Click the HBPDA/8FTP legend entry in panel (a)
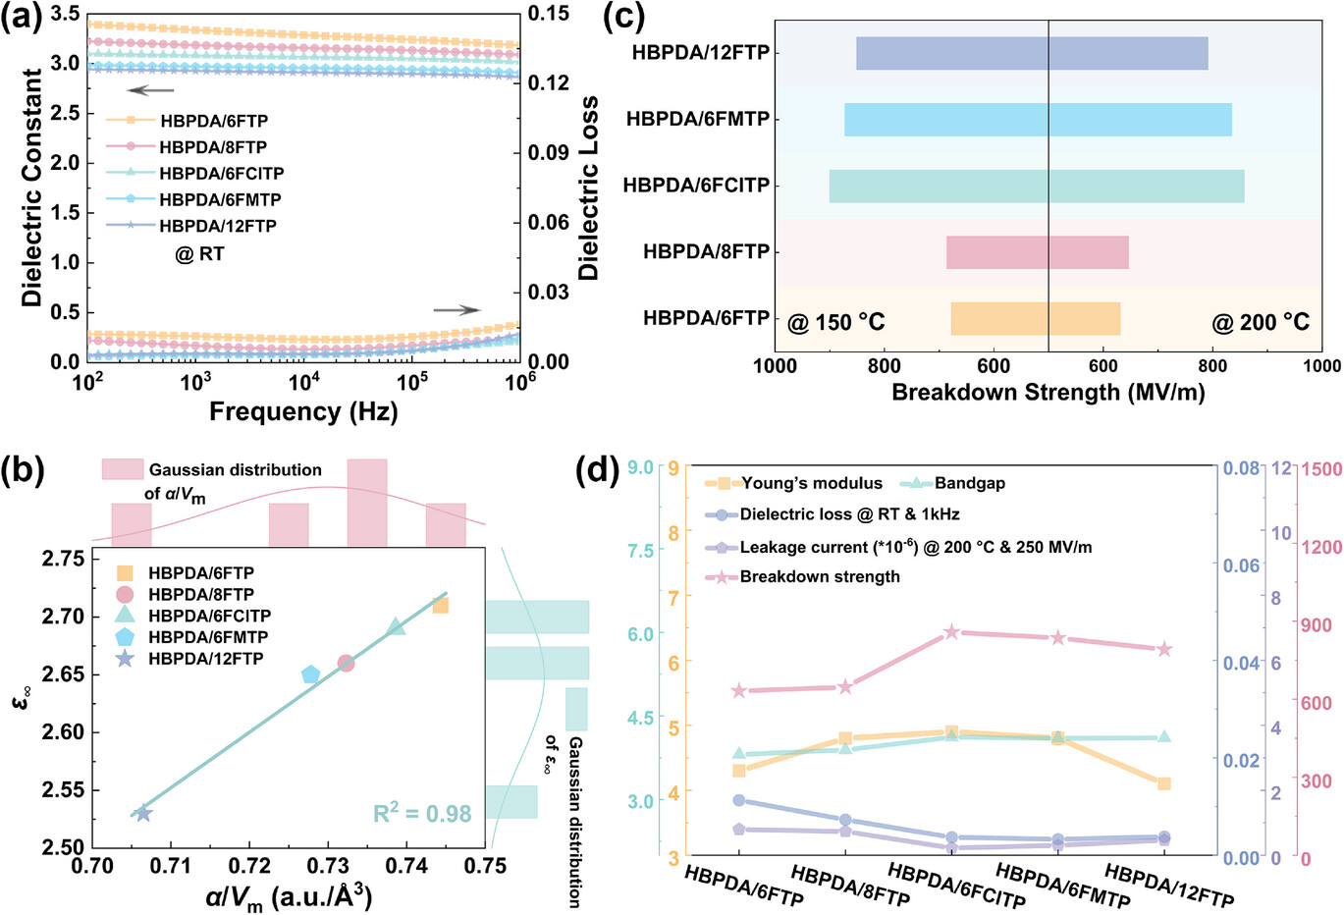[x=212, y=147]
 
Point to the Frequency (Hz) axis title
[x=303, y=410]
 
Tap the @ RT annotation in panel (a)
[x=199, y=253]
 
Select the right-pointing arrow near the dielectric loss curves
[x=457, y=310]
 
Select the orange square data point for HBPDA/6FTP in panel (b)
[x=441, y=605]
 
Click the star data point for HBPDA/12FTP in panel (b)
[x=143, y=813]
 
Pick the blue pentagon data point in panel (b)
[x=311, y=674]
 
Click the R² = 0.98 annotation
[x=422, y=814]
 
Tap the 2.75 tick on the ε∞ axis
[x=62, y=559]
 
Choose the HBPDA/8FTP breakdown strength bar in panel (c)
[x=1038, y=252]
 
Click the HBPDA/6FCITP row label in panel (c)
[x=696, y=186]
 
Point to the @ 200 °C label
[x=1261, y=322]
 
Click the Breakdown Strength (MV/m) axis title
[x=1048, y=393]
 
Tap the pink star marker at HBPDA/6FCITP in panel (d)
[x=951, y=632]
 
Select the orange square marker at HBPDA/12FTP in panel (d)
[x=1164, y=783]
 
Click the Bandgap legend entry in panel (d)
[x=969, y=483]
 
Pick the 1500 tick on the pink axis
[x=1319, y=470]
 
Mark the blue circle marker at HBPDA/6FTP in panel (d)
[x=739, y=800]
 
